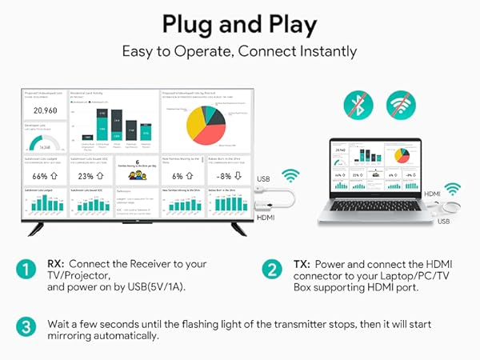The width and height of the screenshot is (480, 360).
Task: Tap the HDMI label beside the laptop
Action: [x=410, y=194]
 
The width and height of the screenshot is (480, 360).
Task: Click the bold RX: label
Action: [x=59, y=264]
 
